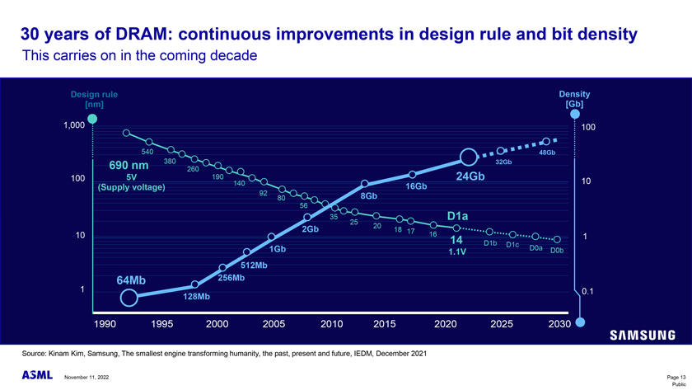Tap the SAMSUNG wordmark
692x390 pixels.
pyautogui.click(x=643, y=336)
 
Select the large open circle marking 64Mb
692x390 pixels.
pyautogui.click(x=129, y=298)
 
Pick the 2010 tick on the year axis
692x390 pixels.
pyautogui.click(x=331, y=325)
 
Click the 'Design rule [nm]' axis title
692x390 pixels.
pyautogui.click(x=93, y=100)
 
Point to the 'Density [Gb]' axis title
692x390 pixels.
pyautogui.click(x=574, y=100)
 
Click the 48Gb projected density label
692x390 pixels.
pyautogui.click(x=547, y=153)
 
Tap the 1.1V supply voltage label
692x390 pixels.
pyautogui.click(x=457, y=251)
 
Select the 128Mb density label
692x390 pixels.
pyautogui.click(x=196, y=296)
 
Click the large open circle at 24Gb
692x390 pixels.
pyautogui.click(x=468, y=157)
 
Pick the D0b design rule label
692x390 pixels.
pyautogui.click(x=557, y=250)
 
